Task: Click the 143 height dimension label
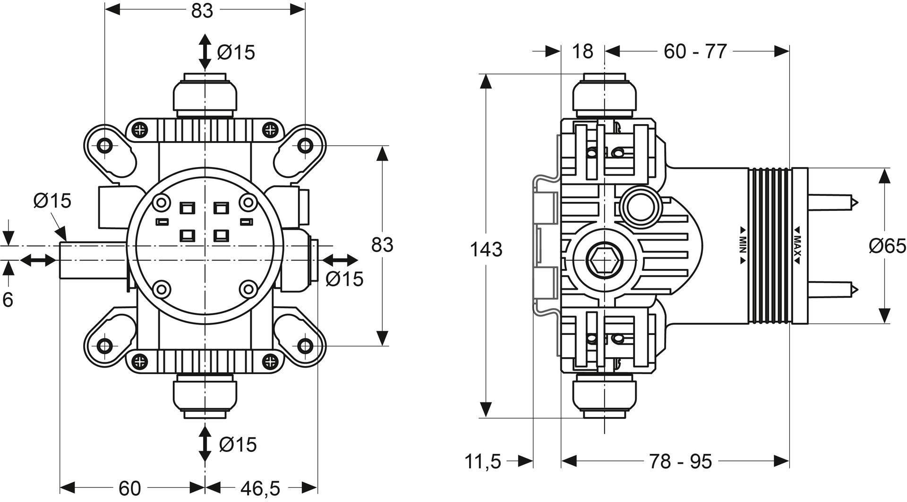pos(486,249)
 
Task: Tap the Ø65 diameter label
pos(887,246)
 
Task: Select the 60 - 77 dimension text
pos(695,51)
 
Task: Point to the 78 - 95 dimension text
pos(680,461)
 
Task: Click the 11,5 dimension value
pos(483,461)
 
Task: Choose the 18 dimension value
pos(582,51)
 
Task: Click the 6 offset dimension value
pos(8,300)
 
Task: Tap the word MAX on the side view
pos(797,244)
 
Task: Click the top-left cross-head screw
pos(139,129)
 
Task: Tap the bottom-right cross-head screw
pos(270,362)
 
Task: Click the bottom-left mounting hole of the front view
pos(104,346)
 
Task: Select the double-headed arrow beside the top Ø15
pos(205,52)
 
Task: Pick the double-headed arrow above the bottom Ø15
pos(205,443)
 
